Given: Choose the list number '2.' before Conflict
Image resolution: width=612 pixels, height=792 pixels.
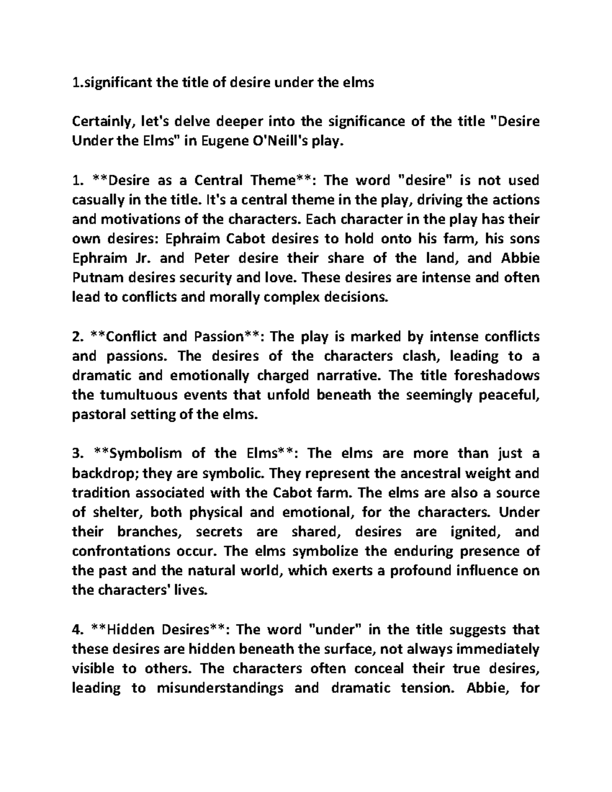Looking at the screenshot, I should pos(78,337).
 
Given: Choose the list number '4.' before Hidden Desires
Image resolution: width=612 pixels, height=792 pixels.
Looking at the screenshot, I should pos(78,630).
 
